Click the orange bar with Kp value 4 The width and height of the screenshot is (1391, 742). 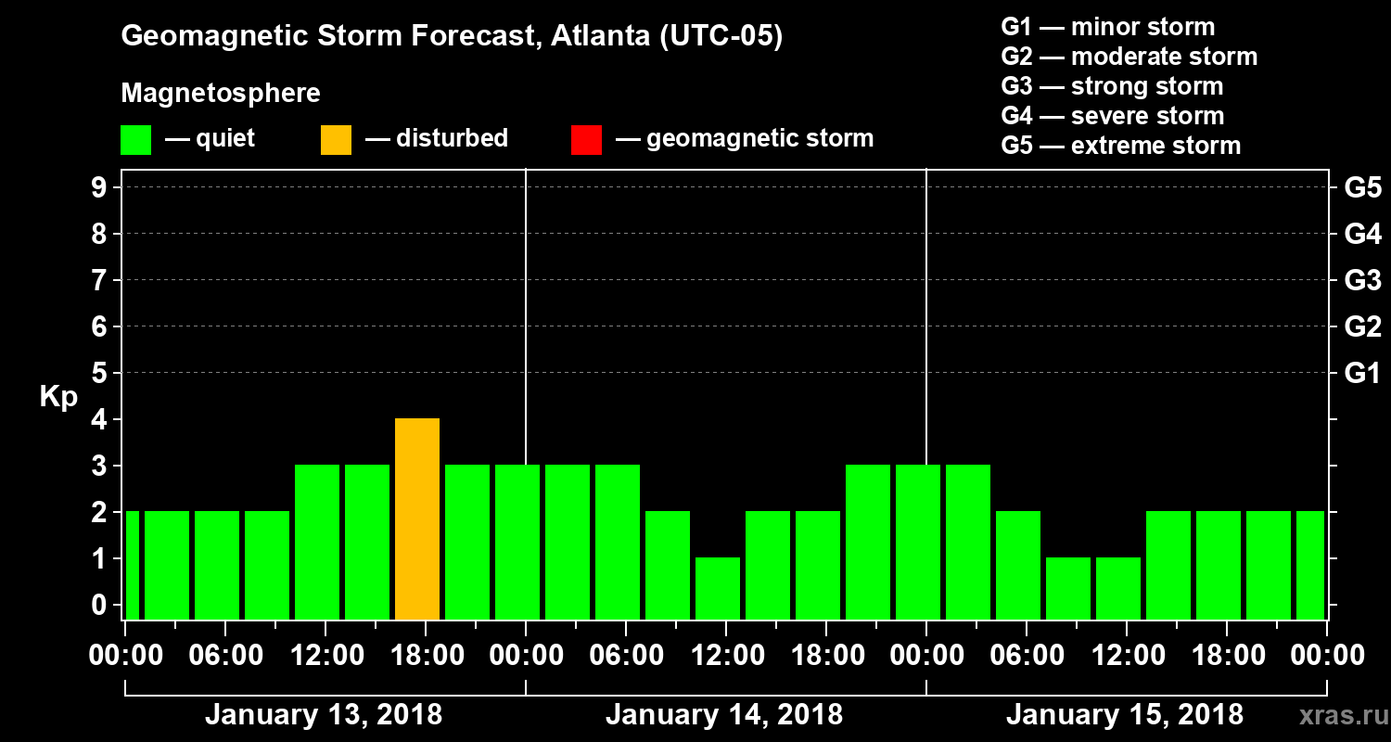click(x=417, y=518)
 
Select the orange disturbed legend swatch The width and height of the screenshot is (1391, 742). click(x=336, y=139)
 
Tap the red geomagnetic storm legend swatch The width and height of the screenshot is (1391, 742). click(x=586, y=139)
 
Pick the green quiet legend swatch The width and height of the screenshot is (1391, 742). click(x=135, y=139)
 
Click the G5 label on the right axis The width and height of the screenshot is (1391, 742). click(x=1362, y=188)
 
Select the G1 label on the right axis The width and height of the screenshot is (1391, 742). click(x=1362, y=374)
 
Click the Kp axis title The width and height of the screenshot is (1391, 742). click(x=58, y=397)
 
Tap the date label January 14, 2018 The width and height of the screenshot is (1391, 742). click(x=724, y=715)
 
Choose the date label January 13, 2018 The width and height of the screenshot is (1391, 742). click(x=324, y=715)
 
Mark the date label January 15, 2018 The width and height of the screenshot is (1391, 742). click(x=1125, y=715)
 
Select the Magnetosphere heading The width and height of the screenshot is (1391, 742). click(x=221, y=94)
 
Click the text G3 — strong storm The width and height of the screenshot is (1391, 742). click(x=1112, y=86)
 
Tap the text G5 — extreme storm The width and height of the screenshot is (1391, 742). click(x=1120, y=146)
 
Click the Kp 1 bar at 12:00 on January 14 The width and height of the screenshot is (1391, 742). click(x=718, y=588)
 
